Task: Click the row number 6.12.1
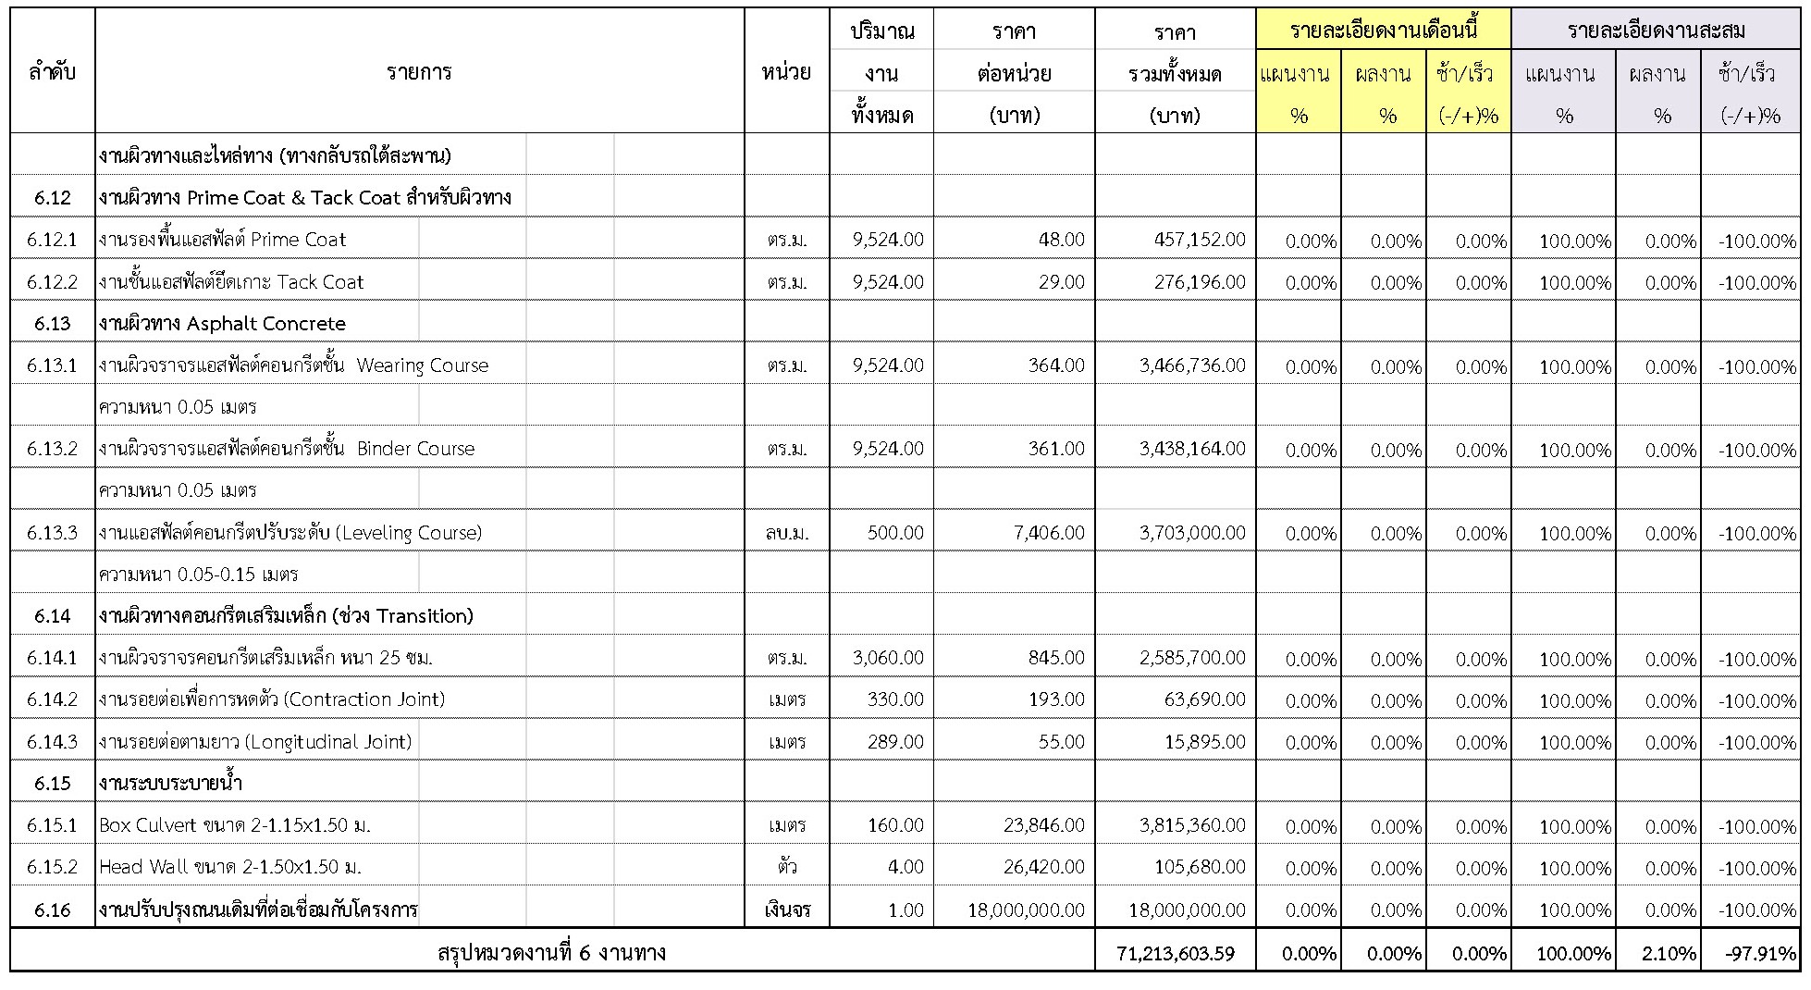pos(52,240)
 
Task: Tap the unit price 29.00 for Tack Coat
pos(1061,281)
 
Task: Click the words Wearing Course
pos(422,365)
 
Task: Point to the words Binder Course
pos(415,449)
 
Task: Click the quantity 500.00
pos(895,533)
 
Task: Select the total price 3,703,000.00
pos(1192,533)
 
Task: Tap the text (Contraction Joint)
pos(364,699)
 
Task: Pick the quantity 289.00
pos(895,742)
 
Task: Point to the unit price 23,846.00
pos(1043,825)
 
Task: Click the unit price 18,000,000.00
pos(1026,910)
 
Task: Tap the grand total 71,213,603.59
pos(1176,953)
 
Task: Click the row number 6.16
pos(52,910)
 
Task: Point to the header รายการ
pos(419,72)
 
